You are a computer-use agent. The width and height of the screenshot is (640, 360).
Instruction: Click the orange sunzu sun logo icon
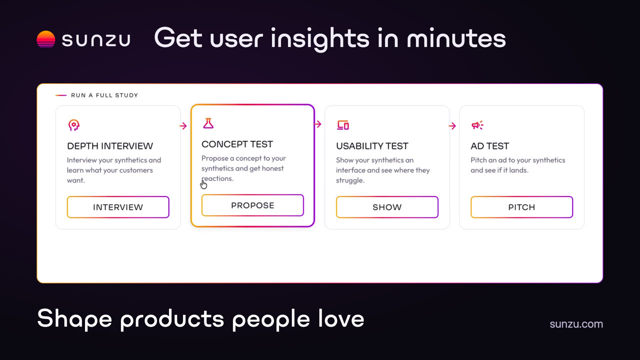[x=45, y=39]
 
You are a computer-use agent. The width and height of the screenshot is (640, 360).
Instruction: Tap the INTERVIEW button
[x=118, y=207]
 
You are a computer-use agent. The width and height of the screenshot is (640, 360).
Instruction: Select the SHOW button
[x=387, y=207]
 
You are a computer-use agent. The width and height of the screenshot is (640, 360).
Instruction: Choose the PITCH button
[x=521, y=207]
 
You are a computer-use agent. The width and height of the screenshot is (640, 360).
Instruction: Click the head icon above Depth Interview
[x=73, y=125]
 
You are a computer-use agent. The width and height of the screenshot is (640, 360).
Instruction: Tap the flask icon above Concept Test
[x=208, y=123]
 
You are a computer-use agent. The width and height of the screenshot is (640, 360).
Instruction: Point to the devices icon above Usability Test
[x=343, y=125]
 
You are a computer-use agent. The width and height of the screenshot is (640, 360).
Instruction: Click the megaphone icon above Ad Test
[x=477, y=125]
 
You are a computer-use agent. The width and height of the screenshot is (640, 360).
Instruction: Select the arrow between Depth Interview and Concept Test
[x=183, y=125]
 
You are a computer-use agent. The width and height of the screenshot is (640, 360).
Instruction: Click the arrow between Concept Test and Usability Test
[x=317, y=124]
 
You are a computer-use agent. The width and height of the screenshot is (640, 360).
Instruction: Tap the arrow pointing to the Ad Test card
[x=452, y=125]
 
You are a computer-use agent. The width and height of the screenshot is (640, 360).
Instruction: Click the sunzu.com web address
[x=576, y=324]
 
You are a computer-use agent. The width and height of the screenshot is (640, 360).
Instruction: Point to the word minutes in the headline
[x=456, y=38]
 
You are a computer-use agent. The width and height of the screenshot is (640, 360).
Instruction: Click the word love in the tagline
[x=341, y=318]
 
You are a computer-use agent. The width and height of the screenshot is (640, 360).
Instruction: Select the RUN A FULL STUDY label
[x=104, y=95]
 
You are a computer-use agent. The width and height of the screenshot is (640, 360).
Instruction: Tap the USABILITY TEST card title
[x=372, y=146]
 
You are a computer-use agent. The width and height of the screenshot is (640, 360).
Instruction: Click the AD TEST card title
[x=489, y=146]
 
